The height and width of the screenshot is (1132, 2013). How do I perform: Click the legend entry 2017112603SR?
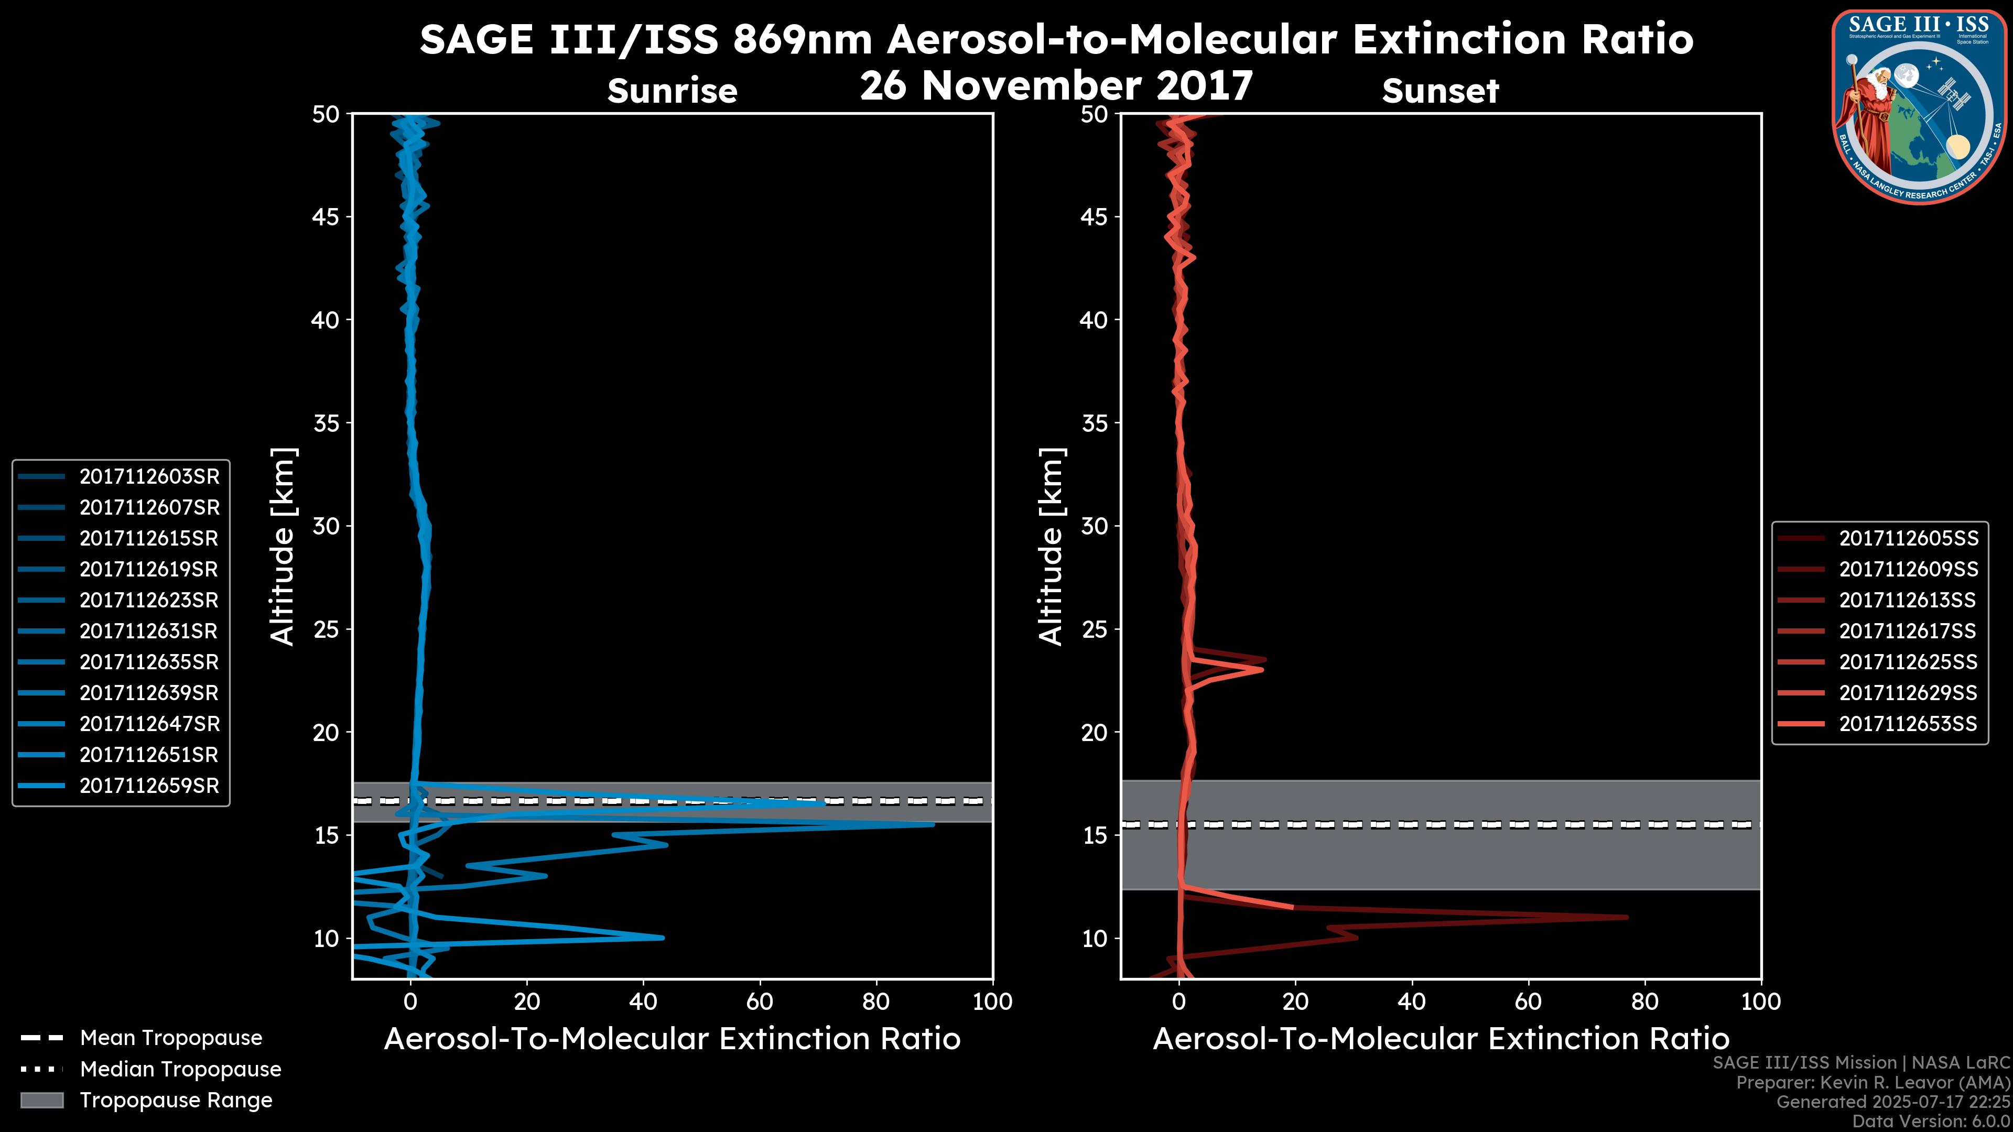point(148,476)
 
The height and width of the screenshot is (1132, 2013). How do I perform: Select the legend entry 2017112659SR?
point(148,786)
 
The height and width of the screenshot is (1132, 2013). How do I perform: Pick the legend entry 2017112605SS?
point(1908,538)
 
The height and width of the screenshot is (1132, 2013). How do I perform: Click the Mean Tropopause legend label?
point(171,1038)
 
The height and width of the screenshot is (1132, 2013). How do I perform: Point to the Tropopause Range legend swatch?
point(42,1100)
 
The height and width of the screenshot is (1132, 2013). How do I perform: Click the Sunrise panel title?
point(672,91)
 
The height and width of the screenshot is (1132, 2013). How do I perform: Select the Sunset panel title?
point(1440,91)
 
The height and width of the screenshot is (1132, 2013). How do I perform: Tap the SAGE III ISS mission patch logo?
point(1919,107)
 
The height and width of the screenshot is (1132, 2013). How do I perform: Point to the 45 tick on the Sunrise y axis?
point(326,217)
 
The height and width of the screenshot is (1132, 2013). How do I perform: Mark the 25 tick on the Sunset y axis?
point(1095,629)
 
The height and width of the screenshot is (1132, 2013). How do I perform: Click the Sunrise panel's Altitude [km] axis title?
point(283,546)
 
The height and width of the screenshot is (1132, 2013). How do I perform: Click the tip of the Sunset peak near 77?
point(1628,917)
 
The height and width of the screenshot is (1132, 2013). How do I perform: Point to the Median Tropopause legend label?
point(180,1070)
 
